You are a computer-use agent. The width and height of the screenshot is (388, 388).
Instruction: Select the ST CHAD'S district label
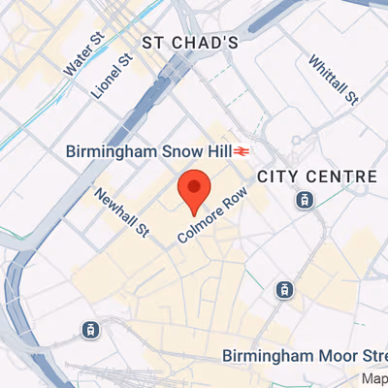coord(190,43)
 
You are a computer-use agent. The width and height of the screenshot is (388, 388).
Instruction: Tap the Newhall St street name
coord(121,211)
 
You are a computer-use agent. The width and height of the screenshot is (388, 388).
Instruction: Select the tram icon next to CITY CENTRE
coord(306,200)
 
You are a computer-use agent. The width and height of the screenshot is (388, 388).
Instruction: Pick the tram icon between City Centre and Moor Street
coord(283,288)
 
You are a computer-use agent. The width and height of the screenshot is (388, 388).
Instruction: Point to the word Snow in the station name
coord(173,151)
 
